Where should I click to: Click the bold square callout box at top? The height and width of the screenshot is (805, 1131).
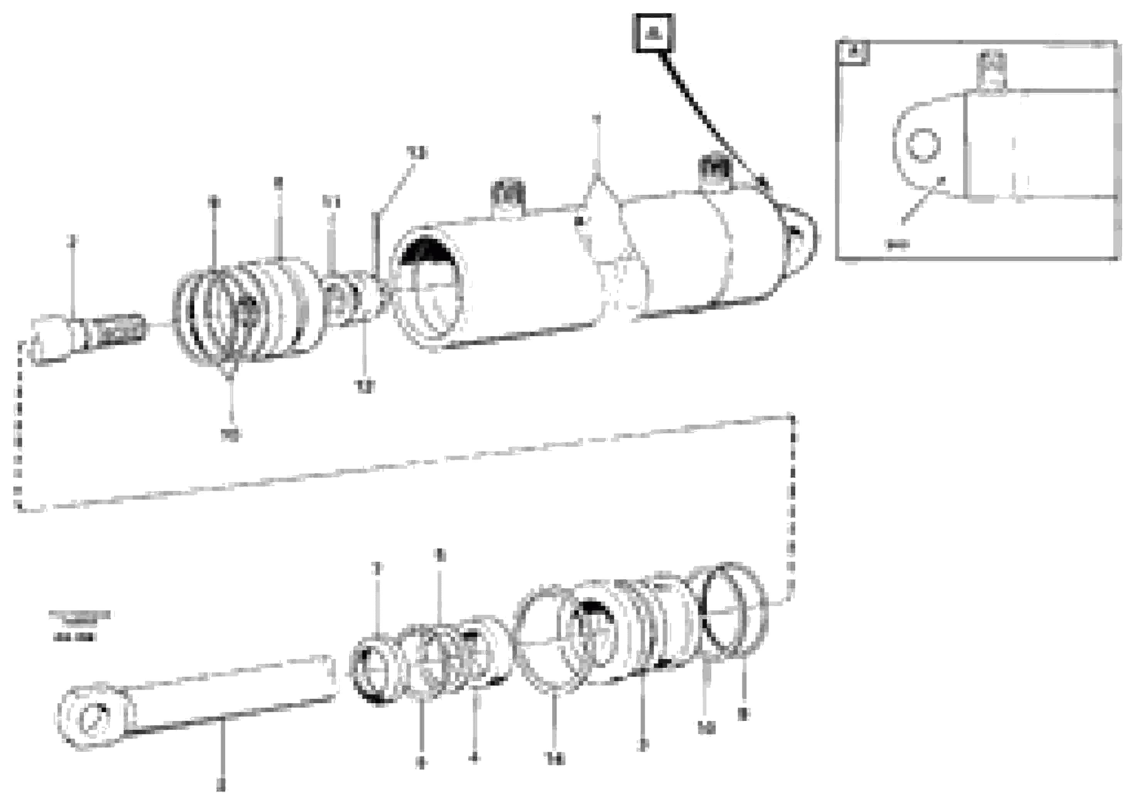tap(653, 33)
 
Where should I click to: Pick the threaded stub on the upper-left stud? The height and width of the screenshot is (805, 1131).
tap(121, 328)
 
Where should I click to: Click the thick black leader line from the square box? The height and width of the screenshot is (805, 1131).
tap(709, 116)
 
